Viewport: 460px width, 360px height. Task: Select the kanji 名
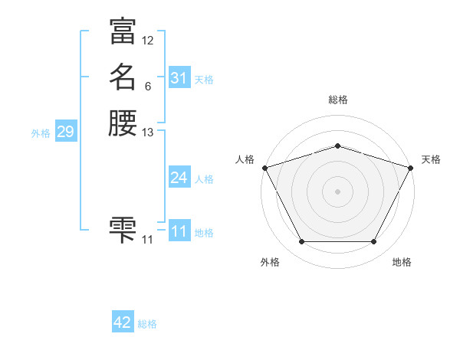123,77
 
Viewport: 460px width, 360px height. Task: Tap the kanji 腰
123,123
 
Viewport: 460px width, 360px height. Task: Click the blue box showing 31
179,78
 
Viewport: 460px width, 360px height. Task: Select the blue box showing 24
179,178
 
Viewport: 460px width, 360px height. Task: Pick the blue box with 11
179,231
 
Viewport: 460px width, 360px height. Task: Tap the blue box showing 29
65,132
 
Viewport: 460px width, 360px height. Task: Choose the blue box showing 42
123,322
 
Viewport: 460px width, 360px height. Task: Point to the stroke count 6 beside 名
147,87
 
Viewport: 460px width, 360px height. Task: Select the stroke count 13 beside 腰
148,133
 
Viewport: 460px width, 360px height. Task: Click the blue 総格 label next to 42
147,324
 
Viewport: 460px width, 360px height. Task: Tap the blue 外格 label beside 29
41,133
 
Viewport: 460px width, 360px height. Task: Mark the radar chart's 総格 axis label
337,100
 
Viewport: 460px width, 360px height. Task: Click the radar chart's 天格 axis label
431,159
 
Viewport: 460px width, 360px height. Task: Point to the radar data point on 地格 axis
374,242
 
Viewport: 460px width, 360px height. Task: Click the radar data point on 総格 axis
337,146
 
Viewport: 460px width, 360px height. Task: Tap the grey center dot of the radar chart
337,191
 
